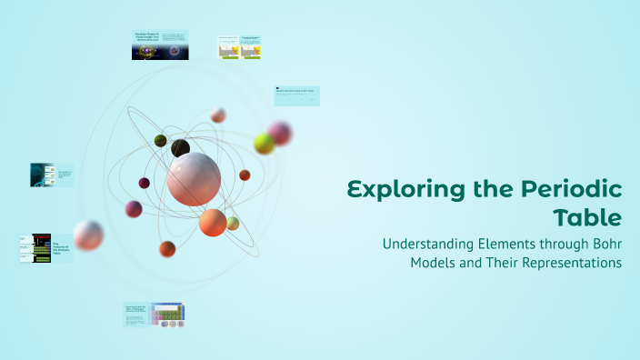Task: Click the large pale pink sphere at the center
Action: [194, 178]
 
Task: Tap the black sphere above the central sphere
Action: [181, 147]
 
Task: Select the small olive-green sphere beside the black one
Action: [161, 140]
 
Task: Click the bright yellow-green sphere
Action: [264, 144]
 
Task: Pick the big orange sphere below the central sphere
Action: [213, 223]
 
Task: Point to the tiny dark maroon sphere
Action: [144, 183]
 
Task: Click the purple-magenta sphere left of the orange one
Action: [134, 209]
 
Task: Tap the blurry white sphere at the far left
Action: [88, 235]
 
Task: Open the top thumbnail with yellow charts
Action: [240, 48]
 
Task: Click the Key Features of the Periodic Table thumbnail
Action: [46, 248]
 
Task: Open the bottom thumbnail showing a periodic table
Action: [154, 315]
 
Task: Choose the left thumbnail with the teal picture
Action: [51, 175]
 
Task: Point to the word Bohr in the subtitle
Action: [599, 244]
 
